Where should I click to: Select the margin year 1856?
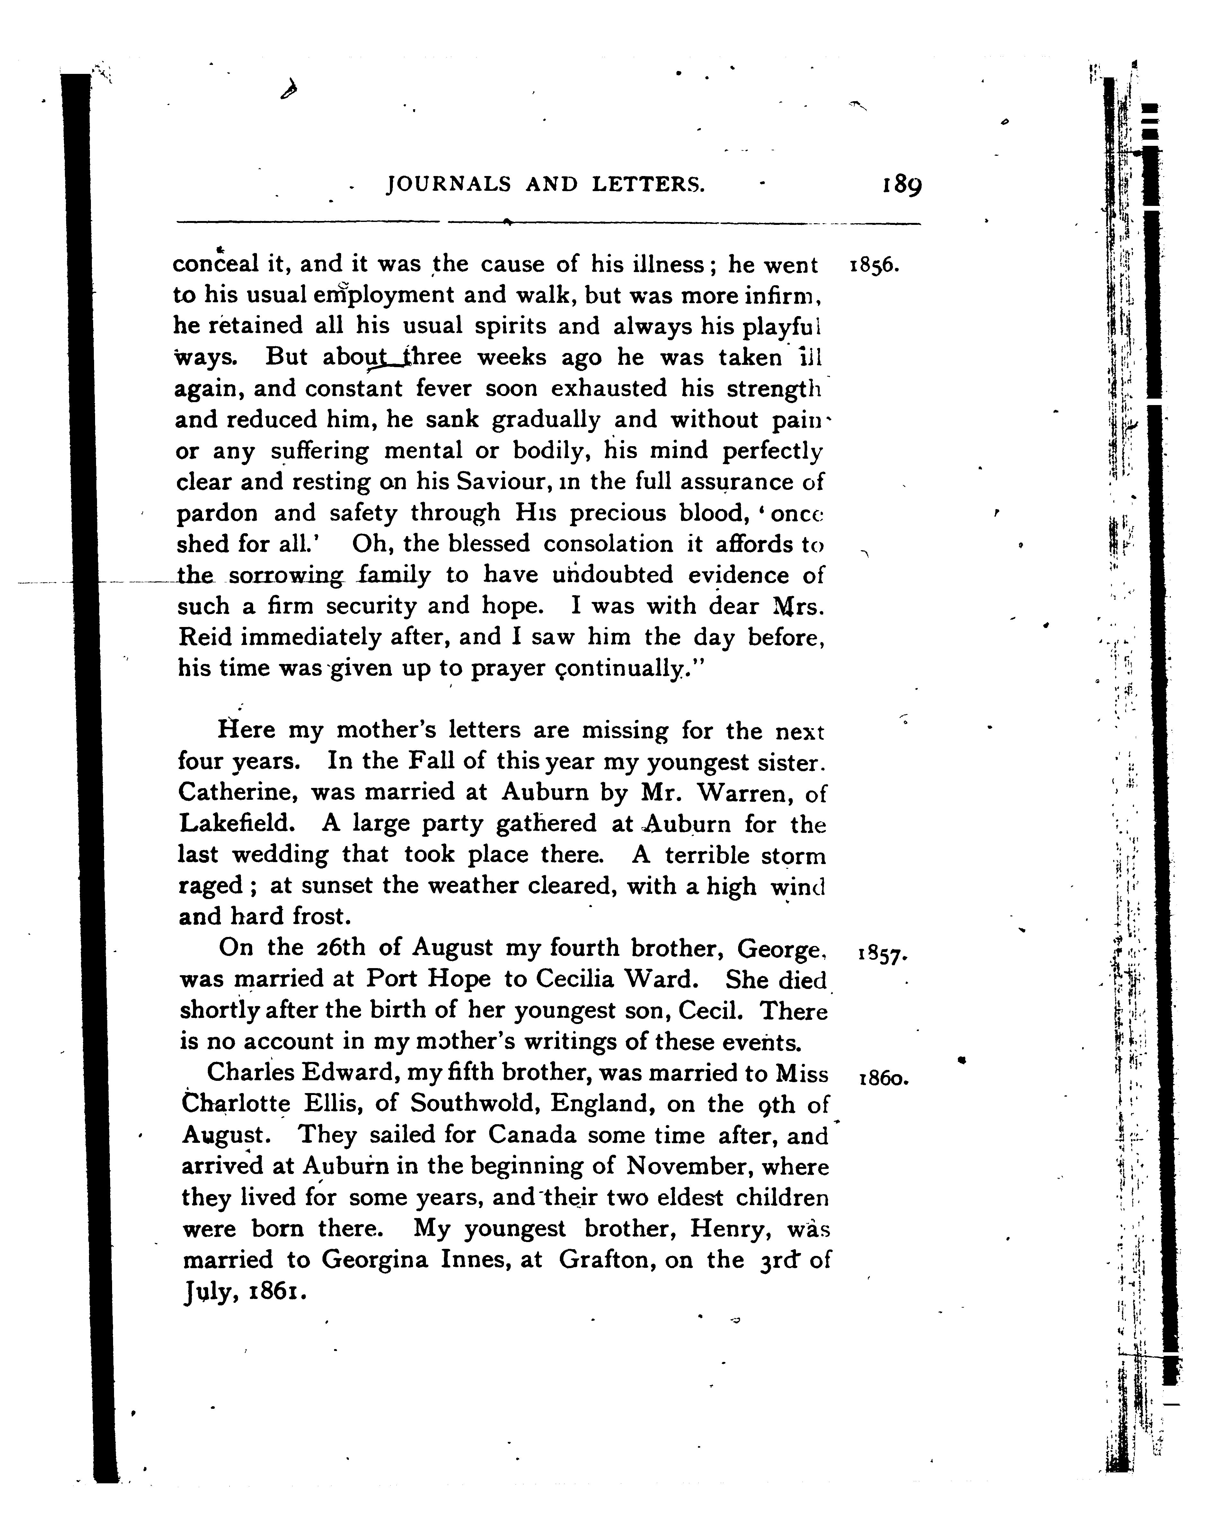876,267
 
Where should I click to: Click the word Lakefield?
236,824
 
